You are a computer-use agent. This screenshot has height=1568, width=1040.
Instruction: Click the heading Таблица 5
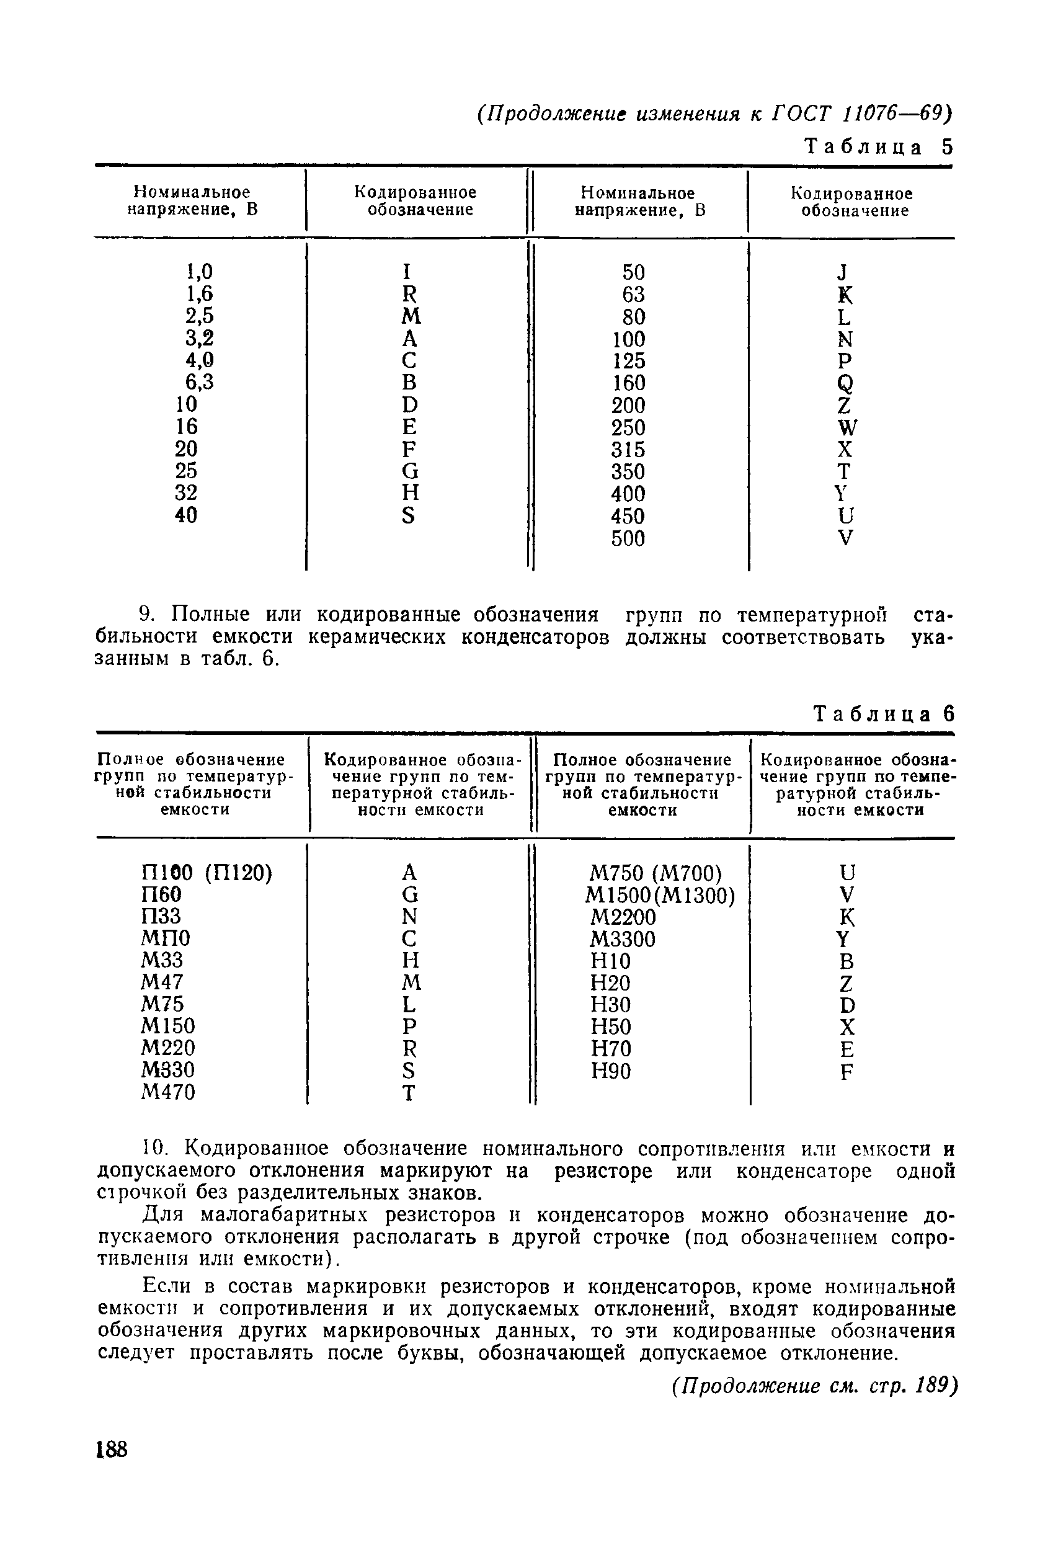point(878,146)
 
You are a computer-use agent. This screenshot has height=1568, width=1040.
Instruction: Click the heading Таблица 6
point(883,714)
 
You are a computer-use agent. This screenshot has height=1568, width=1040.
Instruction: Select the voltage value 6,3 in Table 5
point(199,382)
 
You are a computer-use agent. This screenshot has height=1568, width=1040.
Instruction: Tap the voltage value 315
point(628,450)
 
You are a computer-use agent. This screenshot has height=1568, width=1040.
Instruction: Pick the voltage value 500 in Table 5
point(628,538)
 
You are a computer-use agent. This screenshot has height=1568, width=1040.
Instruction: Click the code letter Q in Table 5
point(843,383)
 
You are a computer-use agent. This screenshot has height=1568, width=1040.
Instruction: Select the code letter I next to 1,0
point(407,271)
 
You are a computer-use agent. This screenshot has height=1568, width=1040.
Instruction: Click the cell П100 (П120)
point(207,873)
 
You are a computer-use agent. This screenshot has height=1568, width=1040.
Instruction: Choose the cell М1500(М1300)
point(660,896)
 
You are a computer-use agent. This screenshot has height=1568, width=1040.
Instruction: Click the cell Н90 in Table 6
point(610,1071)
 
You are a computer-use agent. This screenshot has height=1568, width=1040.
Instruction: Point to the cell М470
point(168,1092)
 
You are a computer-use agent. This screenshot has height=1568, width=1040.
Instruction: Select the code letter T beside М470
point(409,1093)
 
